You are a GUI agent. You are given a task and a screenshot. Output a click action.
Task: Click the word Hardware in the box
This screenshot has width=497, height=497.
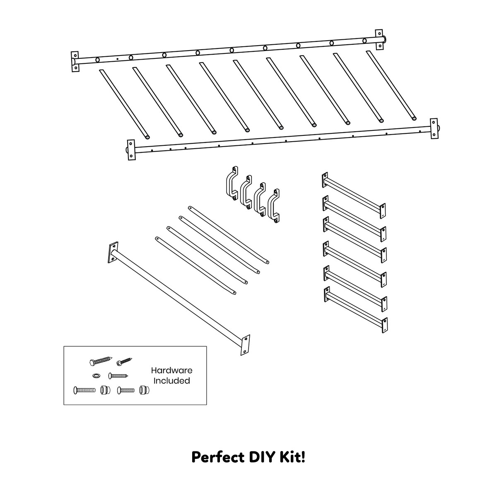coord(171,370)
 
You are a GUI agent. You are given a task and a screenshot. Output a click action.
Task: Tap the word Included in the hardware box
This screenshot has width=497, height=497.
coord(171,380)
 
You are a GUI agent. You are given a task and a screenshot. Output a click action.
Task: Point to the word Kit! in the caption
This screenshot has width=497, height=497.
coord(293,457)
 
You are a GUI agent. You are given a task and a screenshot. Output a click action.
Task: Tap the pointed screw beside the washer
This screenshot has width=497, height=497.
coord(118,376)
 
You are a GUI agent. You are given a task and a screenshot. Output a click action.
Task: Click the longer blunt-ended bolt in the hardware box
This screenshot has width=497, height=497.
coord(86,390)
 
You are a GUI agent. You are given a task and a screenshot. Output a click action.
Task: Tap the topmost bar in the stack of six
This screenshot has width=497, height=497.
coord(355,194)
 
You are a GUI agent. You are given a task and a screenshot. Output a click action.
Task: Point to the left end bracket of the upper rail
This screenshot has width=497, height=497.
coord(75,61)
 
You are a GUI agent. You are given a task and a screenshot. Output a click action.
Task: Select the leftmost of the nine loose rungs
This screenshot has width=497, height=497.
coord(124,104)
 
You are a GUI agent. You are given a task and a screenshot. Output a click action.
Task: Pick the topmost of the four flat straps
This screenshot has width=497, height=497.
coord(229,234)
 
